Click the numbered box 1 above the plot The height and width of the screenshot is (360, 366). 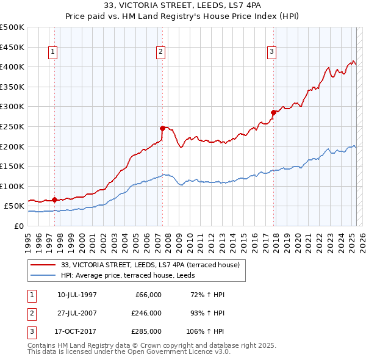pyautogui.click(x=54, y=52)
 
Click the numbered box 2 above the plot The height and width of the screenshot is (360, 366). pyautogui.click(x=160, y=52)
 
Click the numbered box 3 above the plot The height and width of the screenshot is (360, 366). pyautogui.click(x=271, y=52)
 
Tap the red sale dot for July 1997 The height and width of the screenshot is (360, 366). pyautogui.click(x=54, y=200)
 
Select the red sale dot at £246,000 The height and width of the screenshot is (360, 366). pyautogui.click(x=162, y=128)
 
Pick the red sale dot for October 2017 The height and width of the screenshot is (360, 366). pyautogui.click(x=273, y=112)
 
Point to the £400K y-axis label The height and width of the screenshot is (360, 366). pyautogui.click(x=13, y=67)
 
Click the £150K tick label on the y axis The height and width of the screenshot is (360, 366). pyautogui.click(x=13, y=166)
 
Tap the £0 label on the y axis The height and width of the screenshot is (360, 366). pyautogui.click(x=18, y=226)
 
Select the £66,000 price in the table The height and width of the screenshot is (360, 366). pyautogui.click(x=146, y=295)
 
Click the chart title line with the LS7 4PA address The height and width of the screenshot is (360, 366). pyautogui.click(x=183, y=7)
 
